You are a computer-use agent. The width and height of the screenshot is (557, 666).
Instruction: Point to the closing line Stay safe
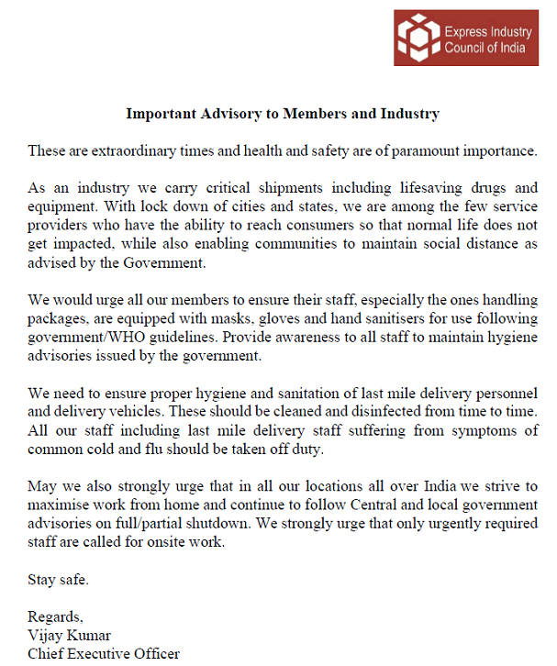click(x=58, y=579)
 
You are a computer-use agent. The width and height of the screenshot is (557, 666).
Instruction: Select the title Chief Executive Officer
click(x=104, y=653)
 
